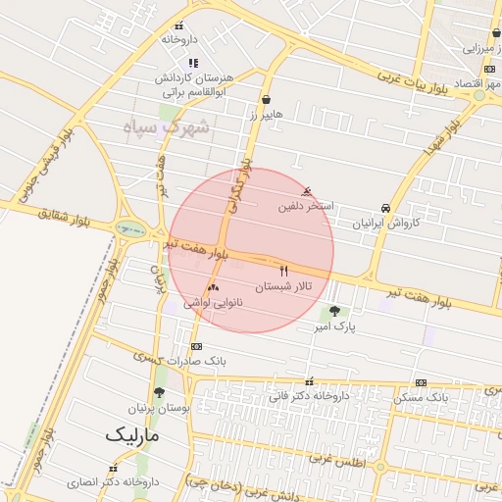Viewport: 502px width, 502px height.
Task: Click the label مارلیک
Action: (134, 432)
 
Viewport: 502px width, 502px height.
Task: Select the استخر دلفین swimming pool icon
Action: (310, 190)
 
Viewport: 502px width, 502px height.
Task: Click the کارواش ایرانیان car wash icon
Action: (386, 208)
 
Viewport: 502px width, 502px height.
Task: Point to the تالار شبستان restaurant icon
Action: (284, 270)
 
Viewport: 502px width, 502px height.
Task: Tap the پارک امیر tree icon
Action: (336, 312)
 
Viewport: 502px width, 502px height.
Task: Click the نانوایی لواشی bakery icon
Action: (213, 287)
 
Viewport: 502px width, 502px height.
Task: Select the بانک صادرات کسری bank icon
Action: (196, 346)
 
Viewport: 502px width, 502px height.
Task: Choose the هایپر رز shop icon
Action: (266, 99)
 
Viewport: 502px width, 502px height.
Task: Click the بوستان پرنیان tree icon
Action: (160, 391)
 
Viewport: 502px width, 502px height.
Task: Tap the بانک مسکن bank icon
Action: (421, 382)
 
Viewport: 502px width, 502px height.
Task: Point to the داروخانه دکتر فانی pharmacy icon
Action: (310, 382)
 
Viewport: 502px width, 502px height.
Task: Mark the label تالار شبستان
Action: (282, 287)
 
